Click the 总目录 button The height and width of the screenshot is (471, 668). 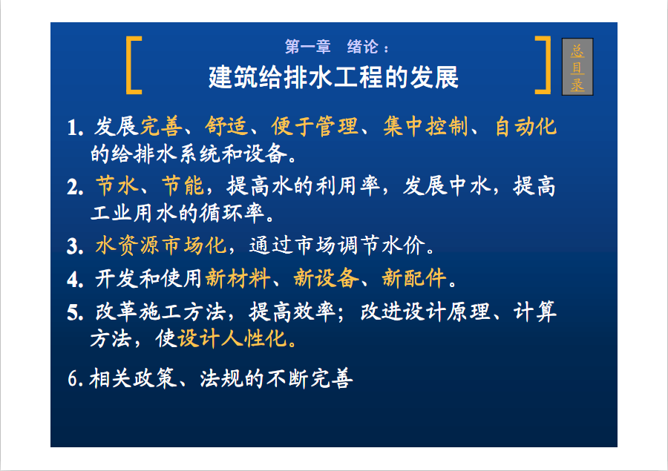pos(577,67)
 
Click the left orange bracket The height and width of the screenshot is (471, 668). pos(128,65)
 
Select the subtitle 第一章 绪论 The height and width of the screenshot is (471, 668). pos(336,47)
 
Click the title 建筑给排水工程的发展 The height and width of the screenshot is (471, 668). pos(333,77)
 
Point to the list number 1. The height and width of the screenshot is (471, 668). pos(75,128)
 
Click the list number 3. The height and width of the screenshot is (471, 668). pos(75,246)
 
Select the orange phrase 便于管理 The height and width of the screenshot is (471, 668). pos(315,127)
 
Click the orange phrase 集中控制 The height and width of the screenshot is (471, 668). pos(425,127)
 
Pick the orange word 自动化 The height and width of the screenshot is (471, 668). pos(525,127)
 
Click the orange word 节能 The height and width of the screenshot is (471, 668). pos(183,186)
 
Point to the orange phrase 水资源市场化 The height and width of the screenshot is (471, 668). pos(160,246)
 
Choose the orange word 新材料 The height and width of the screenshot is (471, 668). pos(238,278)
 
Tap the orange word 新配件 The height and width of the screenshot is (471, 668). pos(414,278)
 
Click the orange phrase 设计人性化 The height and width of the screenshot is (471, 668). pos(232,339)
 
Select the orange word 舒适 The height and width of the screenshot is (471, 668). pos(226,127)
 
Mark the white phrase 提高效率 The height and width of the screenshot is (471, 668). pos(292,312)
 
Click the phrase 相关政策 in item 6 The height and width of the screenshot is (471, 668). pos(133,378)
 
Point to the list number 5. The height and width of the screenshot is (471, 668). pos(75,313)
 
